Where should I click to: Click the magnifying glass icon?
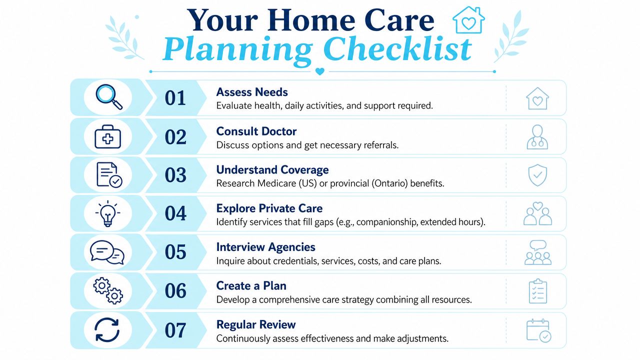tap(108, 96)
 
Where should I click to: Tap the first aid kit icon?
tap(107, 137)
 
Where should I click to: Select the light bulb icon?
tap(107, 213)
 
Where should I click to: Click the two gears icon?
tap(108, 290)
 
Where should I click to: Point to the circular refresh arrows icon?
tap(107, 330)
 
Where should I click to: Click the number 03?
tap(175, 175)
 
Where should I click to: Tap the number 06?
tap(175, 291)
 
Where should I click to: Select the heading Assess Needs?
tap(252, 92)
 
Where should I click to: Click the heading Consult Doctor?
tap(256, 131)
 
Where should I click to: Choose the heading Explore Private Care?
tap(269, 208)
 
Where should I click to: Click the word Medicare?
tap(277, 183)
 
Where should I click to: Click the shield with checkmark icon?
tap(537, 175)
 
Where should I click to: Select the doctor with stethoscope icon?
tap(537, 137)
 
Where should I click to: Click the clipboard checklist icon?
tap(538, 291)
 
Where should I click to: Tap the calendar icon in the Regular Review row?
tap(538, 330)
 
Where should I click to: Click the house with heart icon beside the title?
tap(468, 20)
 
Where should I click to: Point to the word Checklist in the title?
tap(397, 49)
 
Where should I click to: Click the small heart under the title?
tap(319, 71)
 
